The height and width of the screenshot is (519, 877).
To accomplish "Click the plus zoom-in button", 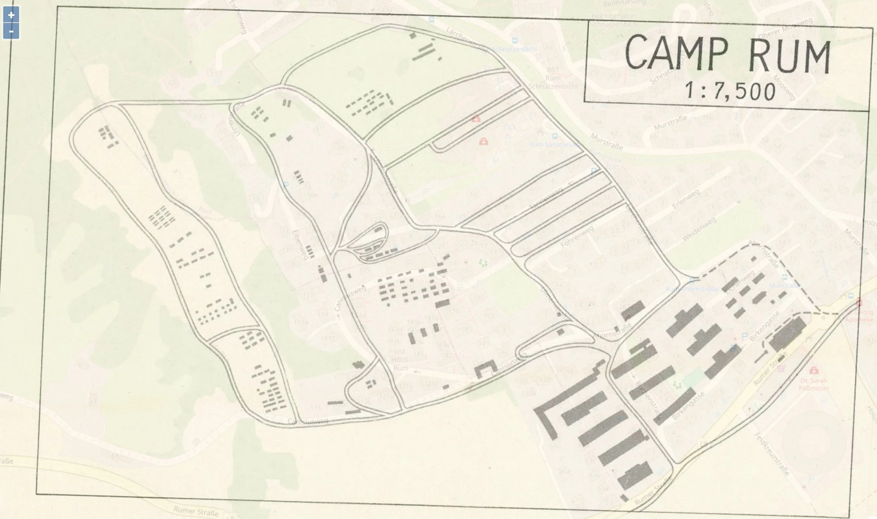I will tap(11, 15).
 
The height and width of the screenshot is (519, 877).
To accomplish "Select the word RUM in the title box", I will tap(789, 57).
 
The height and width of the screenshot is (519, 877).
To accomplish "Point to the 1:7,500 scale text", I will tap(730, 90).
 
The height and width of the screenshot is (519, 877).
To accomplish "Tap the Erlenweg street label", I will tap(686, 199).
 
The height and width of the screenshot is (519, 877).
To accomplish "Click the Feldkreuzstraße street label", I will tap(772, 454).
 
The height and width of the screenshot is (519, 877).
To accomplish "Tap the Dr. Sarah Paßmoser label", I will tap(814, 384).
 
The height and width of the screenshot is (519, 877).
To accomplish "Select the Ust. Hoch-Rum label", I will tap(400, 359).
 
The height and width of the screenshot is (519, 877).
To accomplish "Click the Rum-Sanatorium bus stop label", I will tap(554, 144).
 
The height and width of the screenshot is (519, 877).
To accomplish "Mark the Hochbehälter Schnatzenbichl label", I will tap(614, 20).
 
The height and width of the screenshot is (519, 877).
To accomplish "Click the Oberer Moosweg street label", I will tap(785, 28).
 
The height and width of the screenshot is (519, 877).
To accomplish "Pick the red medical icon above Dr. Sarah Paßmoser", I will tap(814, 370).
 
